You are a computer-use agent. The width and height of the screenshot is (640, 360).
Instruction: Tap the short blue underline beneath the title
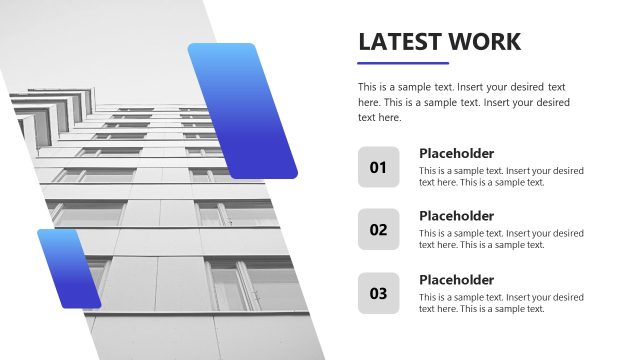[x=389, y=63]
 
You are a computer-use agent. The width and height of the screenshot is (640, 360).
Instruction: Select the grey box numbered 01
[x=378, y=167]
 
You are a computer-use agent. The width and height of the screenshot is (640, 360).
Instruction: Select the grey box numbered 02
[x=378, y=229]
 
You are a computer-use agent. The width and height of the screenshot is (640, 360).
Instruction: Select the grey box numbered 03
[x=378, y=293]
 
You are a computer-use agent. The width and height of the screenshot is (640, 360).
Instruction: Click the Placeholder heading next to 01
[x=456, y=153]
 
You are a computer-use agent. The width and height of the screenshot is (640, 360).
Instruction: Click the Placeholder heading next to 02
[x=456, y=216]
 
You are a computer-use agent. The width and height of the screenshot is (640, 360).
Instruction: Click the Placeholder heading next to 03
[x=456, y=280]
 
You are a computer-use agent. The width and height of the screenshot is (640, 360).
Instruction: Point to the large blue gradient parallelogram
[x=242, y=110]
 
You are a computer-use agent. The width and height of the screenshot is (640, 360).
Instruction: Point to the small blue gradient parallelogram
[x=69, y=268]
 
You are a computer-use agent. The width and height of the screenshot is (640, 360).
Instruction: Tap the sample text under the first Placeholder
[x=501, y=176]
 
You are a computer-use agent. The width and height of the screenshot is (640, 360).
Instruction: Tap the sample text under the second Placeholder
[x=501, y=239]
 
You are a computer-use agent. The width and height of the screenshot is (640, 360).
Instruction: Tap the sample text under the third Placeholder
[x=501, y=303]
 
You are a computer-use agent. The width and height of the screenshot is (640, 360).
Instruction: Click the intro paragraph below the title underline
[x=463, y=102]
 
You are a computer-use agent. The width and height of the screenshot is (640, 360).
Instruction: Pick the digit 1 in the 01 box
[x=382, y=167]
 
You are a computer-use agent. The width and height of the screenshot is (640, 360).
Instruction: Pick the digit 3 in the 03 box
[x=382, y=293]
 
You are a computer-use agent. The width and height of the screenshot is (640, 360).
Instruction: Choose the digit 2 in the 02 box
[x=382, y=229]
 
